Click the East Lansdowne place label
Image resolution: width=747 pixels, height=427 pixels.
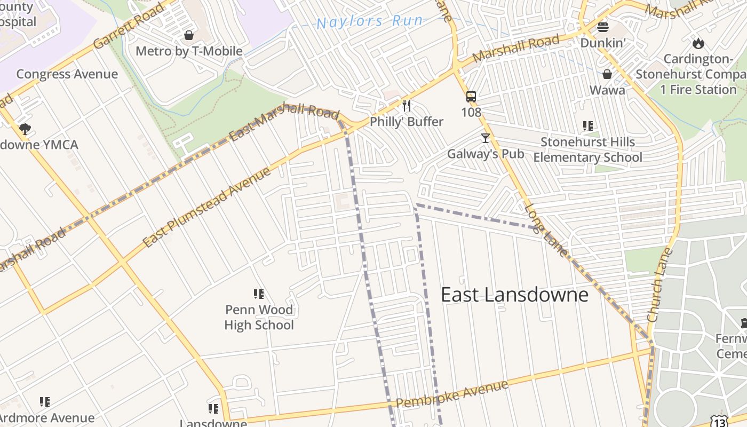pyautogui.click(x=514, y=295)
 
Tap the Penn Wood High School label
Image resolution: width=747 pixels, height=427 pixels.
pyautogui.click(x=259, y=317)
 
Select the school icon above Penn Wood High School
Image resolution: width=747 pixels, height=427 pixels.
pyautogui.click(x=259, y=294)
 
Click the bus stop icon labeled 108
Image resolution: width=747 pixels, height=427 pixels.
pyautogui.click(x=471, y=97)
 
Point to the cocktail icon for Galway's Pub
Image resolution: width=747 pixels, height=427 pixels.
pyautogui.click(x=485, y=138)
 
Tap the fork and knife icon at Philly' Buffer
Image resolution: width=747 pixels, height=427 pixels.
pyautogui.click(x=407, y=106)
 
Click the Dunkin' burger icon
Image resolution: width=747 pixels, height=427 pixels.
pyautogui.click(x=602, y=27)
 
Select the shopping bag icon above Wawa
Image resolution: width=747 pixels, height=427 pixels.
pyautogui.click(x=607, y=74)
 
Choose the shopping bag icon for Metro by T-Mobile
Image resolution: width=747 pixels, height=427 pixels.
pyautogui.click(x=188, y=36)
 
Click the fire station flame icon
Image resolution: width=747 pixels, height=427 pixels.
pyautogui.click(x=698, y=43)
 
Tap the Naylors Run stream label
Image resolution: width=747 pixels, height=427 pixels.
pyautogui.click(x=370, y=22)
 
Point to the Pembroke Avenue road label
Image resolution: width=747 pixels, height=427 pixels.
pyautogui.click(x=452, y=394)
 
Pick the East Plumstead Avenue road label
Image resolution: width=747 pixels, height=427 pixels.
pyautogui.click(x=206, y=208)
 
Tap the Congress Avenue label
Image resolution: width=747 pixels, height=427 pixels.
pyautogui.click(x=67, y=74)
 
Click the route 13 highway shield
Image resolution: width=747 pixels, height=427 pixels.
pyautogui.click(x=719, y=422)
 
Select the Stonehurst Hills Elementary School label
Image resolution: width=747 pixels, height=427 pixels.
pyautogui.click(x=587, y=149)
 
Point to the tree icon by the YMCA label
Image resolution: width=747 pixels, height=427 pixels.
pyautogui.click(x=25, y=129)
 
